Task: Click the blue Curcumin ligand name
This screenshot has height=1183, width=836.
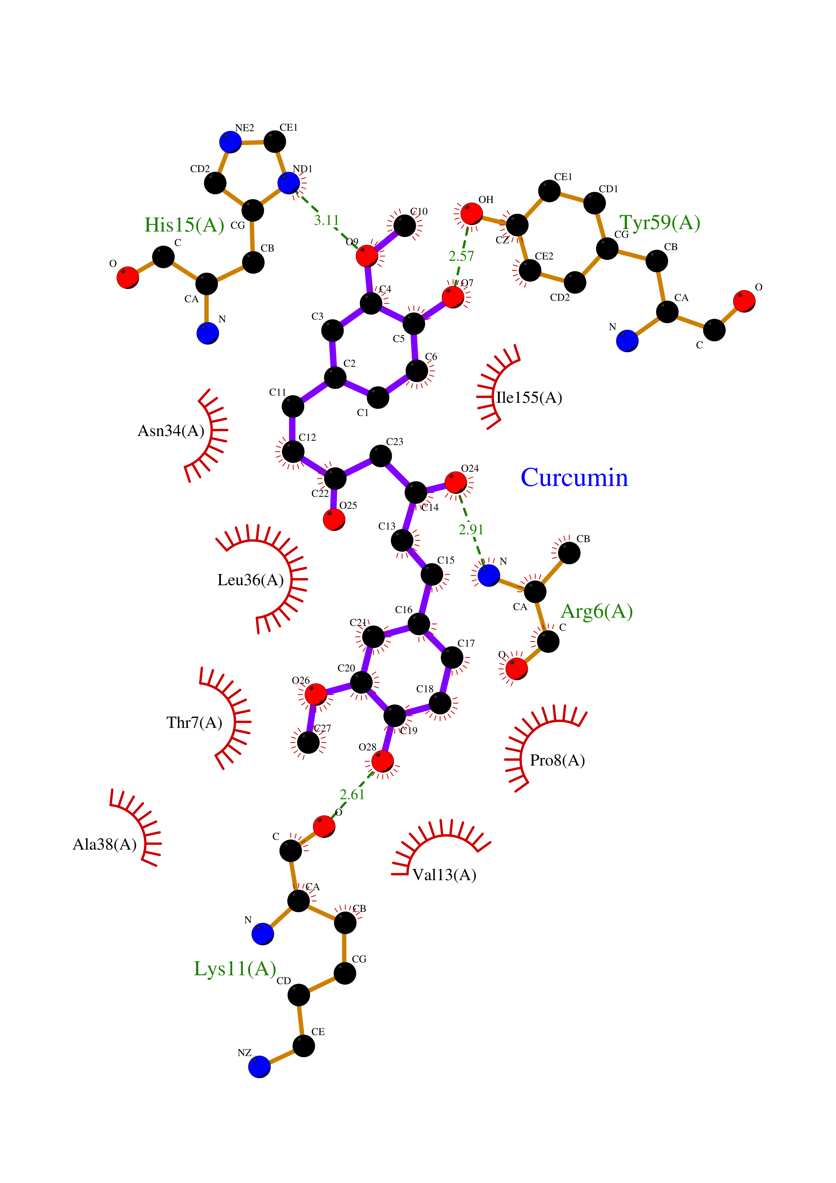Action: tap(574, 478)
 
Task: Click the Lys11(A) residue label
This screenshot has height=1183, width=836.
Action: tap(235, 969)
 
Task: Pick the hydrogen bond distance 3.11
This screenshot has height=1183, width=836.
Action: tap(326, 221)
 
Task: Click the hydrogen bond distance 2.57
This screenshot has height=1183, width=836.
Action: tap(461, 256)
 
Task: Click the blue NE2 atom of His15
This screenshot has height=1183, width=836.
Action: tap(230, 142)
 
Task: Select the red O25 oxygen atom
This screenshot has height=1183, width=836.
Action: tap(334, 519)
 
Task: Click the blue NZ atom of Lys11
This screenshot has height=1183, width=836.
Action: tap(259, 1067)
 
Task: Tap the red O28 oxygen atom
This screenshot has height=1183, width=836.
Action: tap(382, 761)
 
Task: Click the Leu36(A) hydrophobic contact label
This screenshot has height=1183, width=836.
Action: tap(250, 580)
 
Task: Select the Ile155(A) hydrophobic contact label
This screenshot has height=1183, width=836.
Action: tap(528, 398)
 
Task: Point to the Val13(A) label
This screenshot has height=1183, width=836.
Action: tap(444, 875)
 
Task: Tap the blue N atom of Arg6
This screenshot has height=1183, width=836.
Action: tap(488, 575)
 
